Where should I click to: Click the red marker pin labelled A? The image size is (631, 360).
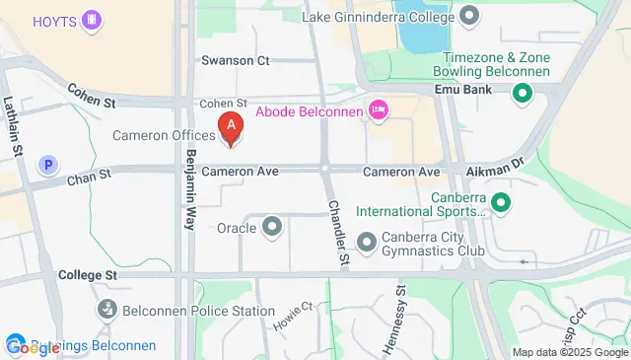tap(231, 127)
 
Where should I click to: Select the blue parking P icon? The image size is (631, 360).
tap(44, 165)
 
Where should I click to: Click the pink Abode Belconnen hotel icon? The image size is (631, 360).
tap(376, 108)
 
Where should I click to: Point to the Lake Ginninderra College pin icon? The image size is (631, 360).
tap(469, 15)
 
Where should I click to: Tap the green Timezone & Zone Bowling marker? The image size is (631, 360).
tap(522, 94)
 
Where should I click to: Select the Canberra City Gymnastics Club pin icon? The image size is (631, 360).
tap(367, 242)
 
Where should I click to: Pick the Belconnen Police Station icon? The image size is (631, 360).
tap(107, 311)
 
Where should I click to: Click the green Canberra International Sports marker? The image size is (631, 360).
tap(501, 203)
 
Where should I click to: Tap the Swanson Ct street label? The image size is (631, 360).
tap(235, 60)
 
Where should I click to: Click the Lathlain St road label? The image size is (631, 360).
tap(14, 124)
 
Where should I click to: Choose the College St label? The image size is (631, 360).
tap(88, 274)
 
